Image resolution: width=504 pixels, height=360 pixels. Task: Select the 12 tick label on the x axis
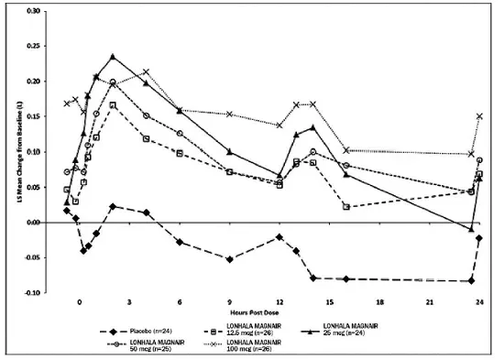pyautogui.click(x=279, y=301)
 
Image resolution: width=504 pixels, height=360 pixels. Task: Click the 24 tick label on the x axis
pyautogui.click(x=479, y=301)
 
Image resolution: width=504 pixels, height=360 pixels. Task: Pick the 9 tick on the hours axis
pyautogui.click(x=229, y=301)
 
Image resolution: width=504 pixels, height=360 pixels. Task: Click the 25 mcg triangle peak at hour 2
pyautogui.click(x=113, y=57)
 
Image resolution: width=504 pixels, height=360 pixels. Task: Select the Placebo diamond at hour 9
pyautogui.click(x=229, y=259)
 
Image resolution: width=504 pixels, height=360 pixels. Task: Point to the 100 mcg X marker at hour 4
pyautogui.click(x=146, y=72)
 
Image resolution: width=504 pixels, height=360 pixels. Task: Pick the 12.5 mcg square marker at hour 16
pyautogui.click(x=346, y=207)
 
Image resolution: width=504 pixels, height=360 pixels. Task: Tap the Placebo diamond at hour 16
pyautogui.click(x=346, y=278)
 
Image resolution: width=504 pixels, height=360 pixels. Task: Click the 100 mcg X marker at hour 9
pyautogui.click(x=229, y=115)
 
